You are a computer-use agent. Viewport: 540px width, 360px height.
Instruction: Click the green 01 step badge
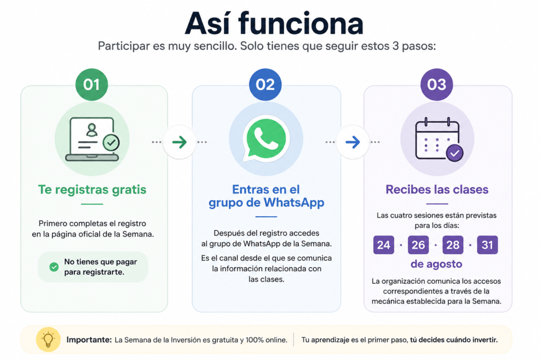click(92, 84)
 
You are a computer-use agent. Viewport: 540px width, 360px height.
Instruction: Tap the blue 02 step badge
click(265, 84)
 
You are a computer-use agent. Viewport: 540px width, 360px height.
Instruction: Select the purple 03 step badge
click(437, 84)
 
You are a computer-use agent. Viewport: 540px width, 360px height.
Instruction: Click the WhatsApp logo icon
click(266, 139)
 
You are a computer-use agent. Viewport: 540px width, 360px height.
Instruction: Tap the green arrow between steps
click(179, 142)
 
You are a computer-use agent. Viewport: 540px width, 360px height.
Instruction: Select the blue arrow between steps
click(353, 142)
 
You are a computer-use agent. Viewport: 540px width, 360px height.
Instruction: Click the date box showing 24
click(384, 245)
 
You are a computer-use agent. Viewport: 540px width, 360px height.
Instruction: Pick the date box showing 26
click(418, 245)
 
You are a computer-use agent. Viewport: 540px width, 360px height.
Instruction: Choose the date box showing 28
click(453, 245)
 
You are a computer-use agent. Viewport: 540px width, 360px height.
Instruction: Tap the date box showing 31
click(487, 245)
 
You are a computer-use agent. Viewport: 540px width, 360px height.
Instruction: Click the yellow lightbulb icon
click(48, 339)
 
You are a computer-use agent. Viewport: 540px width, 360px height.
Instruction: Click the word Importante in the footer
click(89, 340)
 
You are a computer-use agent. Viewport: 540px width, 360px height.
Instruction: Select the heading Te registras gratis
click(92, 189)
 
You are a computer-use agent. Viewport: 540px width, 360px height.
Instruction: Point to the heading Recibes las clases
click(437, 189)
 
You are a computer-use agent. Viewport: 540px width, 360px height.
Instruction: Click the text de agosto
click(436, 264)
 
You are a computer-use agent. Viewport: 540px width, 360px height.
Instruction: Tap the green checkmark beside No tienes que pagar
click(54, 267)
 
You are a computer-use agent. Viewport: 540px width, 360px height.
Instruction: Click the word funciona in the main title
click(301, 23)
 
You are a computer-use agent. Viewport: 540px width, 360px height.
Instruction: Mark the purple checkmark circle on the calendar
click(455, 153)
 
